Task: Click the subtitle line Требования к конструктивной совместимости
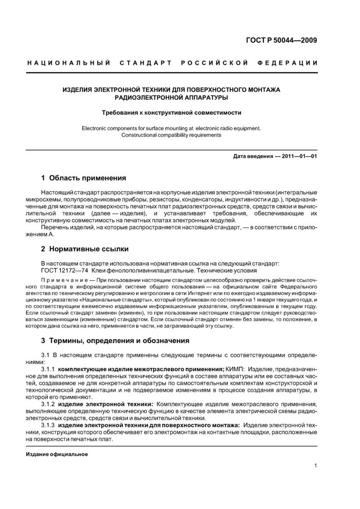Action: pyautogui.click(x=171, y=112)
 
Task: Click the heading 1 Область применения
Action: pyautogui.click(x=83, y=178)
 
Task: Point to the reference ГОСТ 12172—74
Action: pyautogui.click(x=65, y=271)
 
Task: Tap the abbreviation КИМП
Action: pyautogui.click(x=235, y=369)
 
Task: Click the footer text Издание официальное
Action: pyautogui.click(x=57, y=455)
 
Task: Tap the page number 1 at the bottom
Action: pyautogui.click(x=315, y=466)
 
